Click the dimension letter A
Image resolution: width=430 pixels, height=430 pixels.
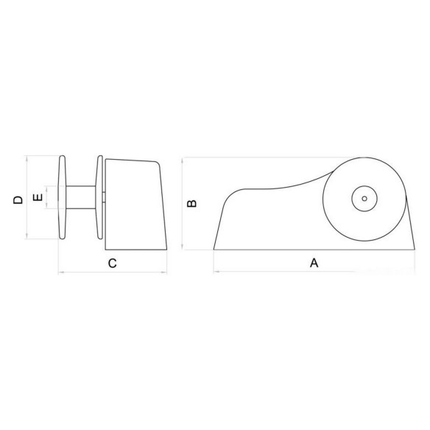pos(314,263)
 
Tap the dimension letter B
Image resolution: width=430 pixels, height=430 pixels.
pos(191,203)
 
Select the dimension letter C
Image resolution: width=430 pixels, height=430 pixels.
pos(113,264)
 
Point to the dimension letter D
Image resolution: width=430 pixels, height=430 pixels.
pos(18,200)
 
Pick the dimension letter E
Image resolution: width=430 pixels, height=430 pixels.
pos(38,197)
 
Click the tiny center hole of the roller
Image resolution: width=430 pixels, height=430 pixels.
pos(364,199)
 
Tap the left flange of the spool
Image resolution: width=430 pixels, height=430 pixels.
pos(63,197)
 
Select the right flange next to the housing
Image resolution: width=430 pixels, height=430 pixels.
pos(99,197)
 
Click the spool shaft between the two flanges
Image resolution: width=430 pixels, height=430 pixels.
pos(81,197)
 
